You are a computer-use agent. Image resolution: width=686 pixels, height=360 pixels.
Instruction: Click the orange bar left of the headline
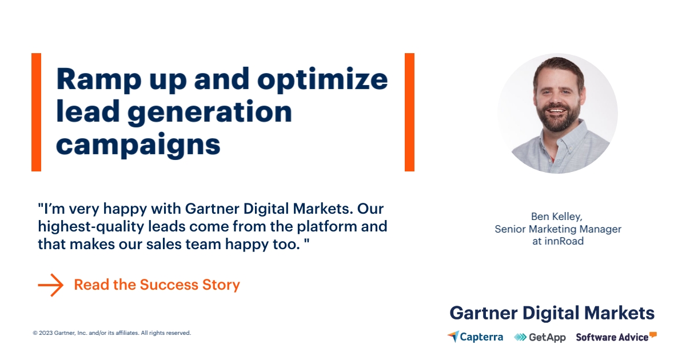[x=36, y=112]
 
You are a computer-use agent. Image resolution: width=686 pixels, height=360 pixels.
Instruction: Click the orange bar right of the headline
[x=409, y=112]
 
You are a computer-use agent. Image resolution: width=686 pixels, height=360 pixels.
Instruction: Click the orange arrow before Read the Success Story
[x=50, y=285]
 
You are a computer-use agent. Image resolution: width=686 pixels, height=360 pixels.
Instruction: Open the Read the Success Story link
[x=157, y=285]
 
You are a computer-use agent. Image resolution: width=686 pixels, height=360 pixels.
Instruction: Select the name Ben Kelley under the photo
[x=557, y=217]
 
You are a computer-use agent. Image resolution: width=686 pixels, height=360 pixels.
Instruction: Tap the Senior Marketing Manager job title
[x=557, y=229]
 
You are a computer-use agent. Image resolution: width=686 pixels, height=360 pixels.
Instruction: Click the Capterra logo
[x=475, y=337]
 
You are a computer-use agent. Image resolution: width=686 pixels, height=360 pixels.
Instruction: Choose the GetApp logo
[x=540, y=337]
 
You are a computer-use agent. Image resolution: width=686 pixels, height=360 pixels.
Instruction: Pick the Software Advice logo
[x=616, y=337]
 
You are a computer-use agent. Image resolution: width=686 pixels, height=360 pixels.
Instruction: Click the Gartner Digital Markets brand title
[x=552, y=313]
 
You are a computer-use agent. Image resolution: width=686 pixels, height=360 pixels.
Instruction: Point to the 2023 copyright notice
[x=111, y=333]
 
